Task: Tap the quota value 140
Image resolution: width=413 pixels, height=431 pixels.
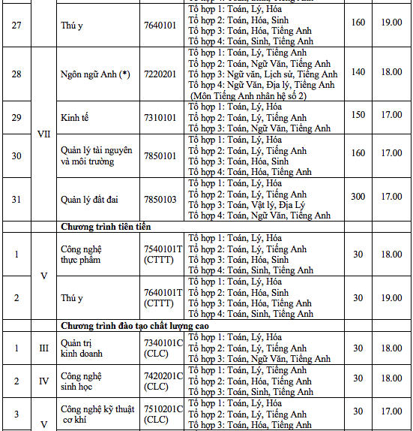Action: [x=358, y=72]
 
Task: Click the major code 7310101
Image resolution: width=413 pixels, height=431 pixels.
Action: [x=160, y=118]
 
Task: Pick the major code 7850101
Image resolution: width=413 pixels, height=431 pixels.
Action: [x=160, y=156]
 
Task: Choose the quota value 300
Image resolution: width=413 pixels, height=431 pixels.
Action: [x=358, y=197]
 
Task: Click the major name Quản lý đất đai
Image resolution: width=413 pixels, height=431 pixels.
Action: [x=90, y=199]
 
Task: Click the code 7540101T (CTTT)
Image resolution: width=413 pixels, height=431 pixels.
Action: [x=163, y=255]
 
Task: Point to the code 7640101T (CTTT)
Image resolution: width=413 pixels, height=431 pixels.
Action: [x=163, y=298]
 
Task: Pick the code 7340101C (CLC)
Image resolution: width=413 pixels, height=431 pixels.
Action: [x=163, y=348]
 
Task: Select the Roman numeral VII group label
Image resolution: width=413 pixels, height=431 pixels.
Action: [x=43, y=134]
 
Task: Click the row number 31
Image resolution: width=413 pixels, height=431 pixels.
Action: [x=16, y=197]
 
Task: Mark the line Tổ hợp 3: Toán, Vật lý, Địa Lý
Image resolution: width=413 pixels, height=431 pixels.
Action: [x=247, y=205]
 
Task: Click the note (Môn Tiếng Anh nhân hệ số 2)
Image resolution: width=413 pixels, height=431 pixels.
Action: [x=252, y=96]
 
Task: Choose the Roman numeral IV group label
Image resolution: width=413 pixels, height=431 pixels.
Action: [x=43, y=381]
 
